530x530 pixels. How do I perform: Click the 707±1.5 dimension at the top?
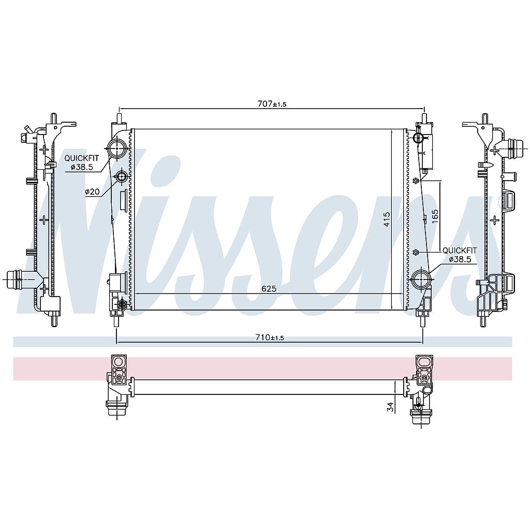tap(272, 104)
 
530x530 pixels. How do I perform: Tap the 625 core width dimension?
tap(269, 289)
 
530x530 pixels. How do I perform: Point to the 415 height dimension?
tap(387, 219)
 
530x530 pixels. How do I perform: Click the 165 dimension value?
tap(435, 216)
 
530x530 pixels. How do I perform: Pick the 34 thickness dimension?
tap(391, 407)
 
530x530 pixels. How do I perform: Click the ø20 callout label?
tap(92, 192)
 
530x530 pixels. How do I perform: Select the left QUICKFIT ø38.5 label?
tap(82, 162)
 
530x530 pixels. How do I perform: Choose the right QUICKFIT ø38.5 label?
tap(460, 255)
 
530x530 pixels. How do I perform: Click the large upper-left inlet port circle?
tap(117, 149)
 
